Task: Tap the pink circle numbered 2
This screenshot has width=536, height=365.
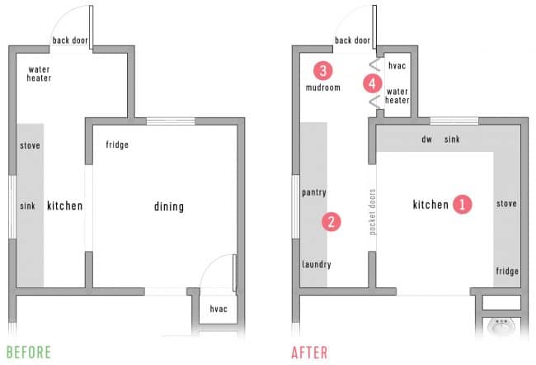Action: [x=331, y=221]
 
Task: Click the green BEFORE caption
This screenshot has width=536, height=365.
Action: [x=28, y=352]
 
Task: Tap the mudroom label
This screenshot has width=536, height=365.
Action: [x=322, y=88]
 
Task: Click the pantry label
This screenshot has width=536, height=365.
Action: [x=314, y=193]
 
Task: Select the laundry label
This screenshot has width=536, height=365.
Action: [x=316, y=265]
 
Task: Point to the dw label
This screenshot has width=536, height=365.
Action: [x=426, y=140]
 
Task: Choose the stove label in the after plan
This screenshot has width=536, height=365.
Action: [x=506, y=203]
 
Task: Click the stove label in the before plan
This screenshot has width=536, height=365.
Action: [x=30, y=146]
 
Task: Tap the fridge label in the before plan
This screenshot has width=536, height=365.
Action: [x=117, y=145]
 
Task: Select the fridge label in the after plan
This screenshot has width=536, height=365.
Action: [x=506, y=271]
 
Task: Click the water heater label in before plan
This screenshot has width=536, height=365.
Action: [x=40, y=74]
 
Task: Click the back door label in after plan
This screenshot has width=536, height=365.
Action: [x=353, y=40]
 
